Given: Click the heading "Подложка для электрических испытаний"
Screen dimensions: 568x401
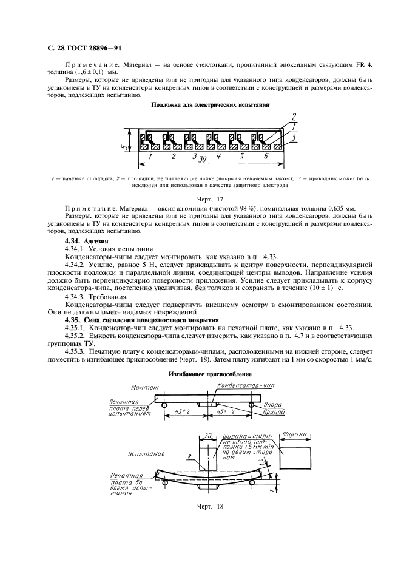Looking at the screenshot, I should (200, 105).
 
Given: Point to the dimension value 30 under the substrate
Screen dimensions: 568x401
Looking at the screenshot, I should (204, 158).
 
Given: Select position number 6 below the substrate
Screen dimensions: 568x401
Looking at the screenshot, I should (265, 157).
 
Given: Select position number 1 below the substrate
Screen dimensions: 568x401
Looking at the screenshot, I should (150, 157).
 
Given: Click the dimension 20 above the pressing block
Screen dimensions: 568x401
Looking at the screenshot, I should (207, 436).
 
